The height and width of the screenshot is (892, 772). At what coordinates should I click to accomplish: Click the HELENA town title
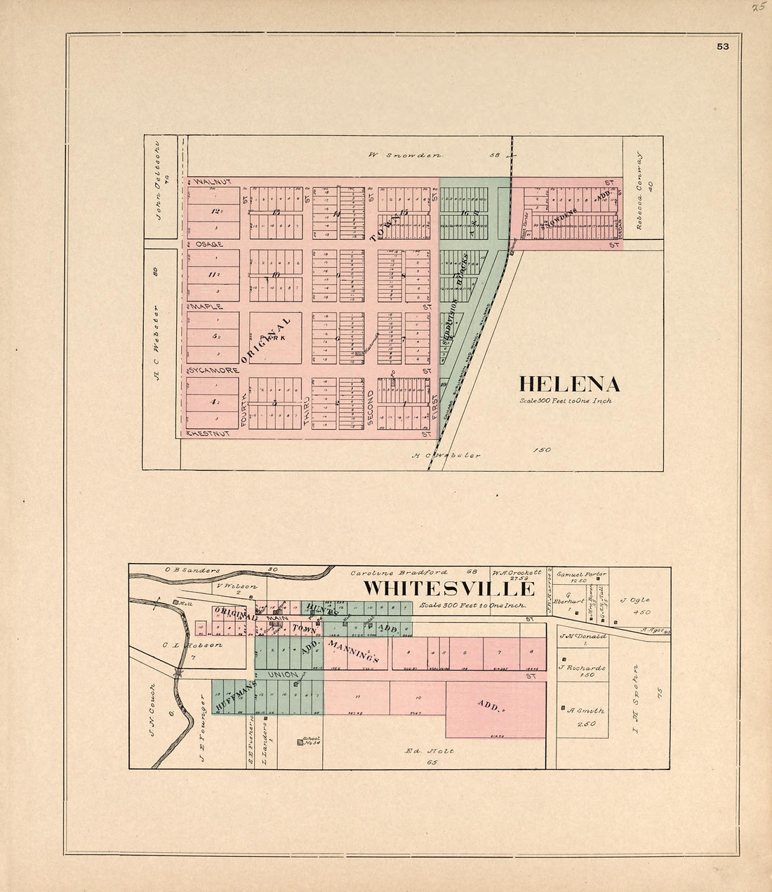(569, 384)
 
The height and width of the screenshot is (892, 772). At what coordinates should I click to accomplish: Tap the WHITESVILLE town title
(448, 588)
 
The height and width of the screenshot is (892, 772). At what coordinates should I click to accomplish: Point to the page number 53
(722, 47)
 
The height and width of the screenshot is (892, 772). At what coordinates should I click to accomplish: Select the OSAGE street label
(209, 244)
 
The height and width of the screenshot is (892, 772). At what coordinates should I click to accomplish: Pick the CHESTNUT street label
(209, 433)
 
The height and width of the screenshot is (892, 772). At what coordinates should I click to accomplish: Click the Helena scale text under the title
(565, 401)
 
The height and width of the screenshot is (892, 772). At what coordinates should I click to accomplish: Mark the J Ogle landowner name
(636, 600)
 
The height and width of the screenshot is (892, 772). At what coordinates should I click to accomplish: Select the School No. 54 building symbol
(300, 743)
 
